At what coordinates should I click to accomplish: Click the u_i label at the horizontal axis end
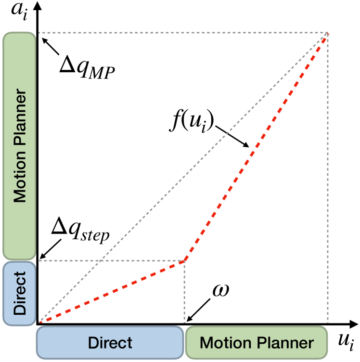[x=345, y=343]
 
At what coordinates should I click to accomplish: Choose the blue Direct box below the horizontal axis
[x=110, y=343]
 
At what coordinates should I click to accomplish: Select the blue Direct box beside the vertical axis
[x=19, y=293]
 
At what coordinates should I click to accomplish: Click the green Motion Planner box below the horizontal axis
[x=257, y=343]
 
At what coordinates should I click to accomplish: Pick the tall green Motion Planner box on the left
[x=19, y=146]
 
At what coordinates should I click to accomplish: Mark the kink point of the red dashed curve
[x=184, y=261]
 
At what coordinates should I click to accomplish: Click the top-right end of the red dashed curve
[x=328, y=33]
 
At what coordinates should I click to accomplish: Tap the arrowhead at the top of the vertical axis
[x=38, y=6]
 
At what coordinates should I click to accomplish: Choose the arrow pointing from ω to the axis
[x=199, y=310]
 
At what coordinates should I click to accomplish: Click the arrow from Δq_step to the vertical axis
[x=49, y=251]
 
